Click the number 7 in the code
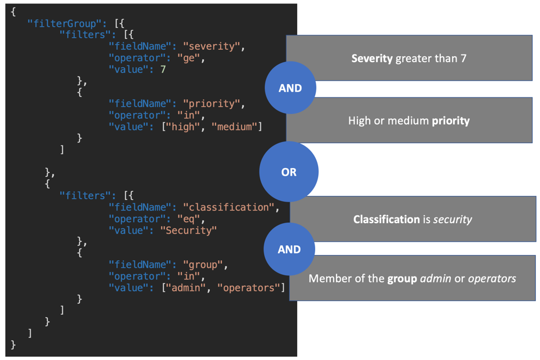click(163, 69)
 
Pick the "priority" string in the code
click(210, 104)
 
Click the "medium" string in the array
click(235, 126)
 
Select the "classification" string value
click(228, 207)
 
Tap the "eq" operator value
click(188, 219)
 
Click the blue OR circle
click(289, 172)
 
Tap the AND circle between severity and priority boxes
click(290, 88)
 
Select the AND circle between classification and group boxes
click(289, 249)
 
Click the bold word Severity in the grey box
click(372, 59)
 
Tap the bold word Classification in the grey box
click(386, 219)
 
